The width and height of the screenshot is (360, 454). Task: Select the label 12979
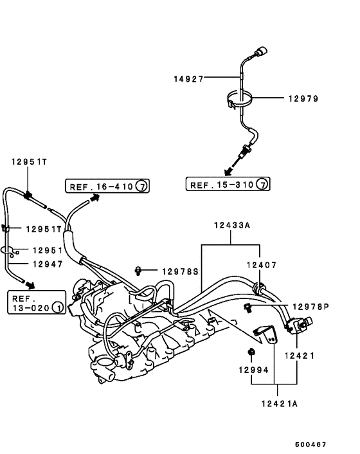pyautogui.click(x=303, y=98)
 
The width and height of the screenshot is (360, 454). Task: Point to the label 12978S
pyautogui.click(x=179, y=271)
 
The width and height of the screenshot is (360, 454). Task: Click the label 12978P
pyautogui.click(x=310, y=307)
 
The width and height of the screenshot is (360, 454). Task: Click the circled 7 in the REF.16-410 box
pyautogui.click(x=142, y=186)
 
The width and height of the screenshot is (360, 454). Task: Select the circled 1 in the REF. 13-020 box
pyautogui.click(x=57, y=308)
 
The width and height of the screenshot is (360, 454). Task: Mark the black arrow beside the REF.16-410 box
pyautogui.click(x=94, y=199)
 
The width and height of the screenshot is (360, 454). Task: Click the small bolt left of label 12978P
pyautogui.click(x=247, y=307)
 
